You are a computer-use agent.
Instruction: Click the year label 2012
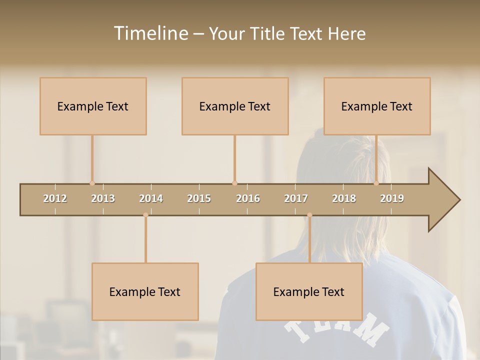click(55, 198)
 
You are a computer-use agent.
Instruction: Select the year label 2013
click(103, 198)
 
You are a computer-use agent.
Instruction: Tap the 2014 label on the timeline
click(151, 198)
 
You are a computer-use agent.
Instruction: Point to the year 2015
click(199, 198)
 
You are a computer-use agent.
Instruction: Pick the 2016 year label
click(248, 198)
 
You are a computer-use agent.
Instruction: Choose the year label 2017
click(296, 198)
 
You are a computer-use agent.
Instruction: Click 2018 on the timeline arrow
click(344, 198)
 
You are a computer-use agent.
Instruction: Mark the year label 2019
click(392, 198)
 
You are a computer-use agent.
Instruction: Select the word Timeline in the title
click(150, 33)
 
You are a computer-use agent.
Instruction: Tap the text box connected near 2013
click(93, 106)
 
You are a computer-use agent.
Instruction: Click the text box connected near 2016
click(235, 106)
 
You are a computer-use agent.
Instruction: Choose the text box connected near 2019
click(377, 106)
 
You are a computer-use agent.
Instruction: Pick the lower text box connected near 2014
click(145, 291)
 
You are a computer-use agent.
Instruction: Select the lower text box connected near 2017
click(309, 291)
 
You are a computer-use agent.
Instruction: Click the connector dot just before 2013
click(92, 183)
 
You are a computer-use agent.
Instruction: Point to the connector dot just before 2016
click(234, 183)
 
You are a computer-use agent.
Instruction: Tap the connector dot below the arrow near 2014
click(145, 215)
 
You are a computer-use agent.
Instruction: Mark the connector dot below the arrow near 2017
click(309, 215)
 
